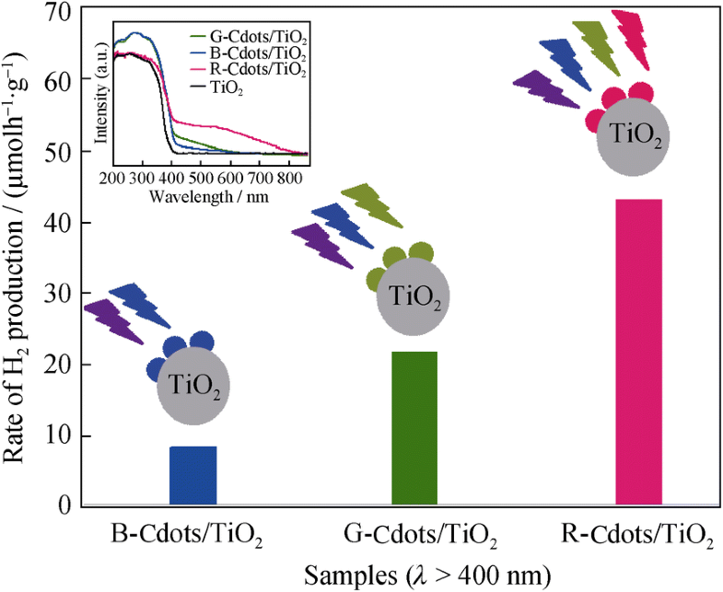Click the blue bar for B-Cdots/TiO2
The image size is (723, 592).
192,475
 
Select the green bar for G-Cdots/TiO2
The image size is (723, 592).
414,428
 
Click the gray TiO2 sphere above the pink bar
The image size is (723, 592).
632,137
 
